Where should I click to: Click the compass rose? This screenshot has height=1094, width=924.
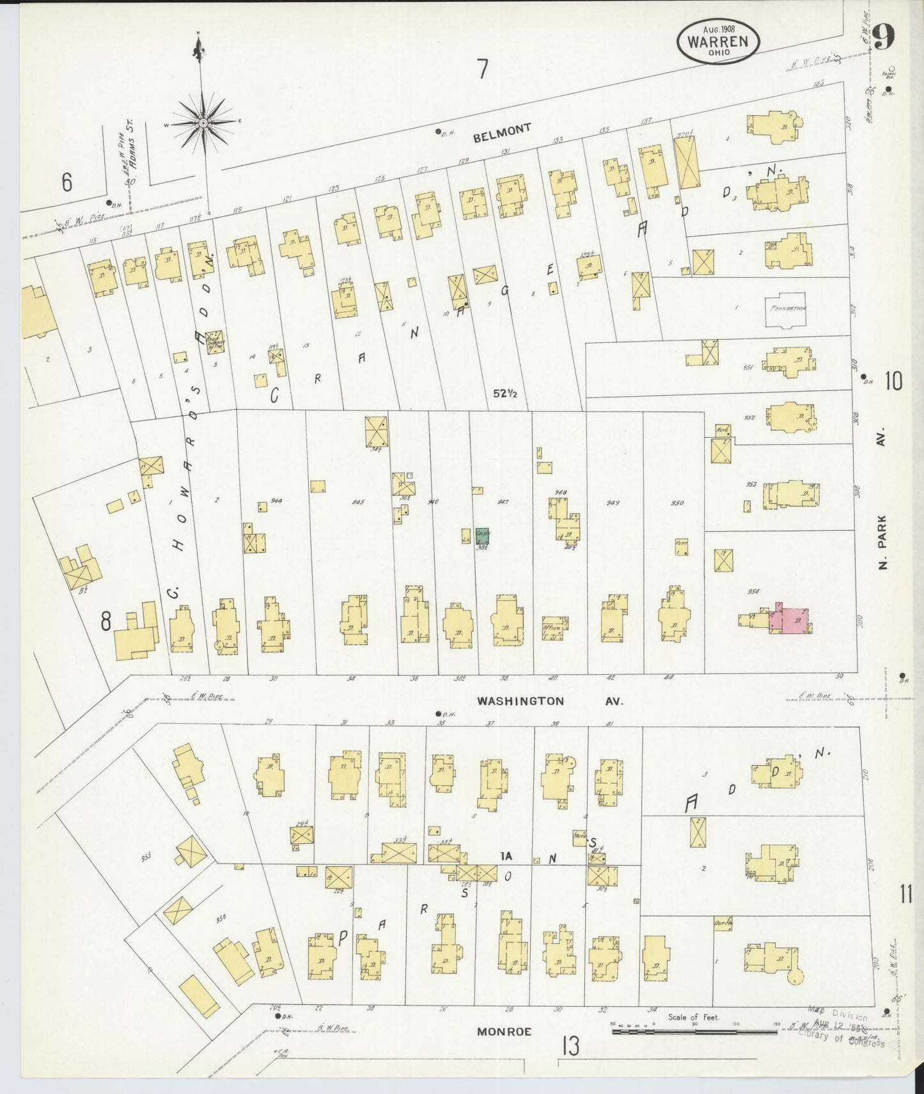click(x=203, y=122)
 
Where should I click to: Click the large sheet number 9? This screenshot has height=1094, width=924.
click(x=882, y=37)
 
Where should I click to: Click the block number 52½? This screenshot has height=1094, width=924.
click(x=505, y=393)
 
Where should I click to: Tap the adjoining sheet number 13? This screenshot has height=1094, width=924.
click(x=570, y=1047)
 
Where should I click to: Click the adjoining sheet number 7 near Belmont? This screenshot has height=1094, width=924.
click(x=482, y=68)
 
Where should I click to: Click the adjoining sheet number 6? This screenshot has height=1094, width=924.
click(x=67, y=183)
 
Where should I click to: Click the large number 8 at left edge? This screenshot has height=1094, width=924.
click(x=106, y=620)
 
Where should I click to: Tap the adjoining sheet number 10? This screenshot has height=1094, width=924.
click(x=893, y=382)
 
